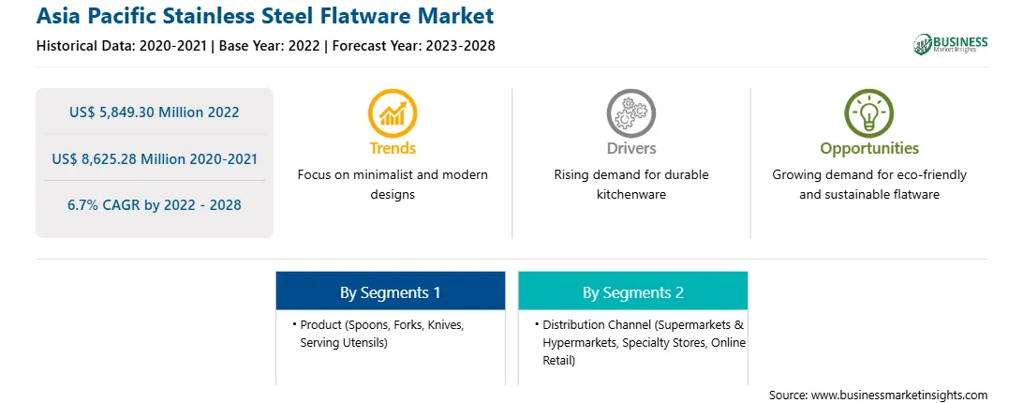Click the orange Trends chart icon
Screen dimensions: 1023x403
point(393,113)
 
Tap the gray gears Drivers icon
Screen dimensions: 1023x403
point(630,113)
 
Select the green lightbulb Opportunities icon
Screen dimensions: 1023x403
point(869,113)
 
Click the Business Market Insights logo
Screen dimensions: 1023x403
point(951,44)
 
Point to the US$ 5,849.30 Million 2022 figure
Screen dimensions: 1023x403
point(154,112)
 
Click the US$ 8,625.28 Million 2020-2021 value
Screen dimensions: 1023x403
point(154,158)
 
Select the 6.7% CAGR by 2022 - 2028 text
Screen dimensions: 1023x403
point(154,205)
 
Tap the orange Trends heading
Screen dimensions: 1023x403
point(393,148)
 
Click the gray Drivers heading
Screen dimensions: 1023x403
point(631,148)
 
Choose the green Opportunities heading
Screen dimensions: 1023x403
point(869,149)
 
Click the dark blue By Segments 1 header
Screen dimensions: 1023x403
point(390,291)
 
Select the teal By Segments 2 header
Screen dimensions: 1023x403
point(633,291)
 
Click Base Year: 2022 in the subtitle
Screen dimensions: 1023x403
point(270,46)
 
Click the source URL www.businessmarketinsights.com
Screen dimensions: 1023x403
point(899,396)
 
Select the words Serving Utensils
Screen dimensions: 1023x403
point(344,342)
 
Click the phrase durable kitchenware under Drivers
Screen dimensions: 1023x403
point(630,185)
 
